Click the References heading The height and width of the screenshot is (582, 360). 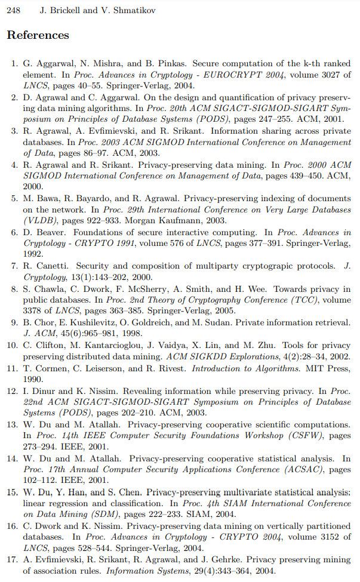pyautogui.click(x=38, y=35)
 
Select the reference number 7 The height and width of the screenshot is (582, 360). pyautogui.click(x=14, y=266)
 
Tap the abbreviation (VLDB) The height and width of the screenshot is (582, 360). pyautogui.click(x=38, y=221)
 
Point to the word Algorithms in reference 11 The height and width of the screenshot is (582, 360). pyautogui.click(x=270, y=368)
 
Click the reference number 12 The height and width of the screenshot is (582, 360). pyautogui.click(x=12, y=391)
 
